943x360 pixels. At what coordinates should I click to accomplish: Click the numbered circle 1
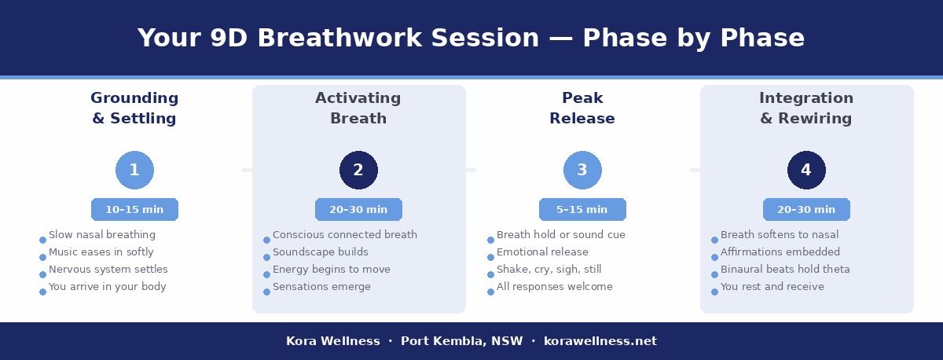tap(134, 171)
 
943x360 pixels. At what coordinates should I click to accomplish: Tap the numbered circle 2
tap(358, 171)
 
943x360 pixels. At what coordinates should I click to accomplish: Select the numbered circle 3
tap(582, 171)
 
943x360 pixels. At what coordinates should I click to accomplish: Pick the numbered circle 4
tap(806, 171)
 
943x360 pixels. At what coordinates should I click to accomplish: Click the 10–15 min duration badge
tap(134, 210)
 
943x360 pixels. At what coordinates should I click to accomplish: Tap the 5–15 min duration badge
tap(582, 210)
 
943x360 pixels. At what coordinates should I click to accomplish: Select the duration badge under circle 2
tap(358, 210)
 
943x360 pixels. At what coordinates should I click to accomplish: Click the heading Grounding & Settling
tap(134, 108)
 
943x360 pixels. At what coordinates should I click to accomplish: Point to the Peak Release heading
tap(582, 108)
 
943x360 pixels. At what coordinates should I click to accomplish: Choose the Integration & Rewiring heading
tap(806, 108)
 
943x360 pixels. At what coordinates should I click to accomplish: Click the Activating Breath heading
tap(358, 108)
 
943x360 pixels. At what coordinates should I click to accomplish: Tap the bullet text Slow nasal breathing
tap(102, 235)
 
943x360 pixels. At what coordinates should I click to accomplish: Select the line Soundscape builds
tap(320, 252)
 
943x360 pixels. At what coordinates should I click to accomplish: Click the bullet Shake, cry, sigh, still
tap(549, 270)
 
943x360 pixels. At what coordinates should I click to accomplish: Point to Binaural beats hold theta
tap(785, 270)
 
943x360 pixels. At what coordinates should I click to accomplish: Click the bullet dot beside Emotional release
tap(490, 257)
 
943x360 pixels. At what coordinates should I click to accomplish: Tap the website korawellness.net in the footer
tap(600, 341)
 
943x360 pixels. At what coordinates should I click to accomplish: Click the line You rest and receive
tap(772, 287)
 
